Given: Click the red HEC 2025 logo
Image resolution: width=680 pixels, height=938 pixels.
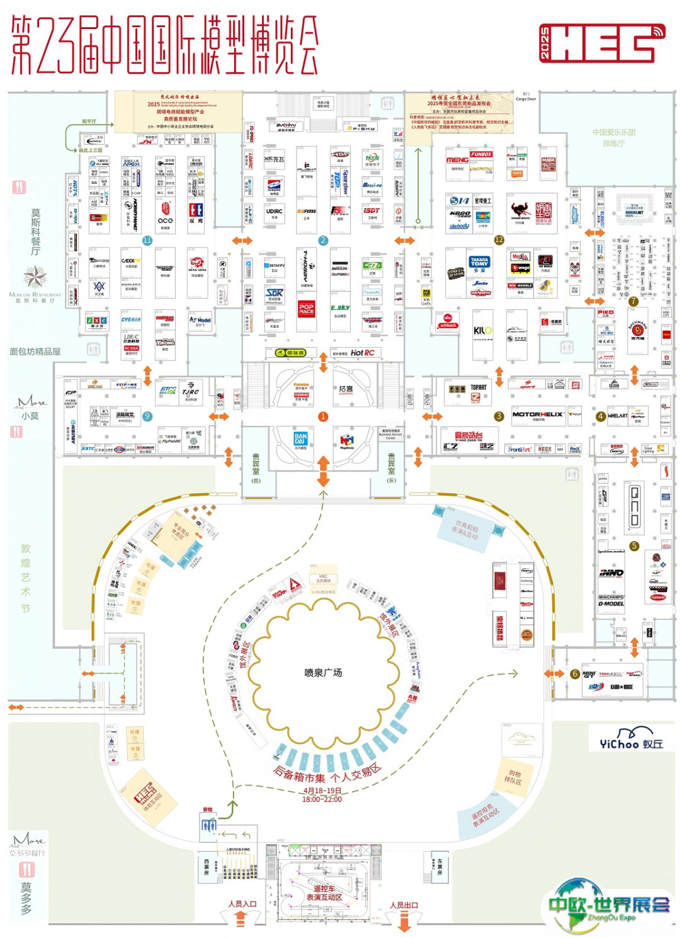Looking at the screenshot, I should (601, 43).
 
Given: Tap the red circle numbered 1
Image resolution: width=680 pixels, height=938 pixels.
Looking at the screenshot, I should (323, 416).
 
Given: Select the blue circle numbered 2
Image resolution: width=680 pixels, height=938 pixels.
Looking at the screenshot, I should (323, 240).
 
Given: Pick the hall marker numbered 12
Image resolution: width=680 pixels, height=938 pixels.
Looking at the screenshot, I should (499, 240).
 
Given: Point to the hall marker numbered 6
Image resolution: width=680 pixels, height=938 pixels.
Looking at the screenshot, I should (574, 673).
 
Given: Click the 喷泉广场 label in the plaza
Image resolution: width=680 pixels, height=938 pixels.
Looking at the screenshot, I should (323, 673).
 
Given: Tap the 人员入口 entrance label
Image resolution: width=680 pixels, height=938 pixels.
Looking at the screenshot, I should (242, 904).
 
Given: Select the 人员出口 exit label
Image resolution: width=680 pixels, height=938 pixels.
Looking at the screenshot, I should (404, 905).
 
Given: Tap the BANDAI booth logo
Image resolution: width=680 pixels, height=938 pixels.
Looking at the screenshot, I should (300, 438).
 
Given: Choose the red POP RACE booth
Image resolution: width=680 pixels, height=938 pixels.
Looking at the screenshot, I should (307, 309).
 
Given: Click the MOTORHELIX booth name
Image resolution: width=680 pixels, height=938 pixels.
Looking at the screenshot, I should (537, 415).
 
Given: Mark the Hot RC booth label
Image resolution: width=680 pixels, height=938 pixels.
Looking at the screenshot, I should (362, 353).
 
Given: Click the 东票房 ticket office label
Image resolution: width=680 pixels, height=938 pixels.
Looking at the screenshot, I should (439, 866).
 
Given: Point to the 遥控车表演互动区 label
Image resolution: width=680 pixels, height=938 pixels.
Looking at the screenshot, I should (324, 893).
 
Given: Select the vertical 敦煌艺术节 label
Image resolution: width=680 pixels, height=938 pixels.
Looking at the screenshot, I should (26, 578).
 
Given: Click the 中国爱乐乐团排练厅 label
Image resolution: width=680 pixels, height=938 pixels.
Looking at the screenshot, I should (613, 138).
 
